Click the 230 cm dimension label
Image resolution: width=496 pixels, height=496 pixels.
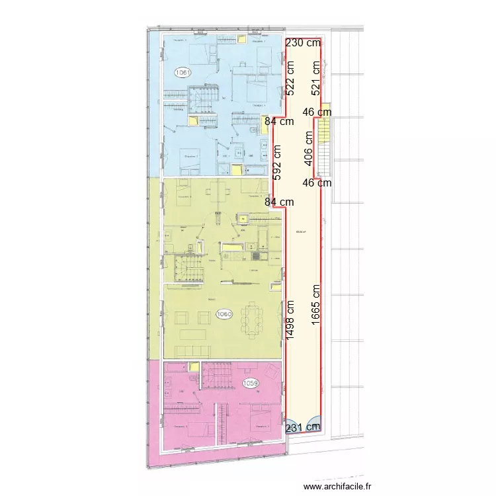(303, 42)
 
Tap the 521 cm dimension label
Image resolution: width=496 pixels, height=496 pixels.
(316, 76)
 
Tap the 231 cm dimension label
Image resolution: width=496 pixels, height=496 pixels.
(304, 427)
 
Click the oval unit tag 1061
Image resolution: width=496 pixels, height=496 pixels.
(183, 71)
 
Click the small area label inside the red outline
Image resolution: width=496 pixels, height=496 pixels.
(300, 231)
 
